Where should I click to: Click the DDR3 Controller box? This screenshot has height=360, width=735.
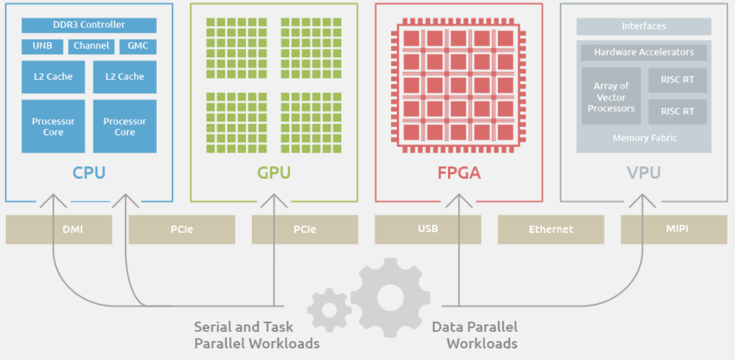point(89,25)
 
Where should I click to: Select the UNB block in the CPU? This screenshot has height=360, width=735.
point(43,47)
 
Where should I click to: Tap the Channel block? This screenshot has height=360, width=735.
point(91,47)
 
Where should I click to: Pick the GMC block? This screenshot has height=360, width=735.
point(138,47)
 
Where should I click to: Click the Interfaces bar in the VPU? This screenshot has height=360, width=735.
point(644,27)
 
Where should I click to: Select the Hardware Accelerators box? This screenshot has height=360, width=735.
point(644,52)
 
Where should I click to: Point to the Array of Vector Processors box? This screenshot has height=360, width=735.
point(611,96)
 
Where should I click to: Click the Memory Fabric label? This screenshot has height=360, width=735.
point(645,139)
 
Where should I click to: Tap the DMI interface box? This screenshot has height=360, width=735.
point(59,230)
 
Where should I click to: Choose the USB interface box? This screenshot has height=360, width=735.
point(428,230)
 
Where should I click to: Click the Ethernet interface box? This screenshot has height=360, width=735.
point(551,230)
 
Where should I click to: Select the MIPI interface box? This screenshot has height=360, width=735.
point(674,230)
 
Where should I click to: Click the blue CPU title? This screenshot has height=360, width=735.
point(89,172)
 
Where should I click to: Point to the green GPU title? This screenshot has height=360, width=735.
point(274,172)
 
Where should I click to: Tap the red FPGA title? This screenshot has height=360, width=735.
point(459,173)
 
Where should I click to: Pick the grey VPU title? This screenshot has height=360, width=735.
point(644,173)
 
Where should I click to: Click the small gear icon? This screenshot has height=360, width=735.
point(330,310)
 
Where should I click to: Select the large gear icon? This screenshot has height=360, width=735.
point(390,298)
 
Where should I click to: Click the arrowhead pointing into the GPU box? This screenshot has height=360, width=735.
point(274,201)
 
